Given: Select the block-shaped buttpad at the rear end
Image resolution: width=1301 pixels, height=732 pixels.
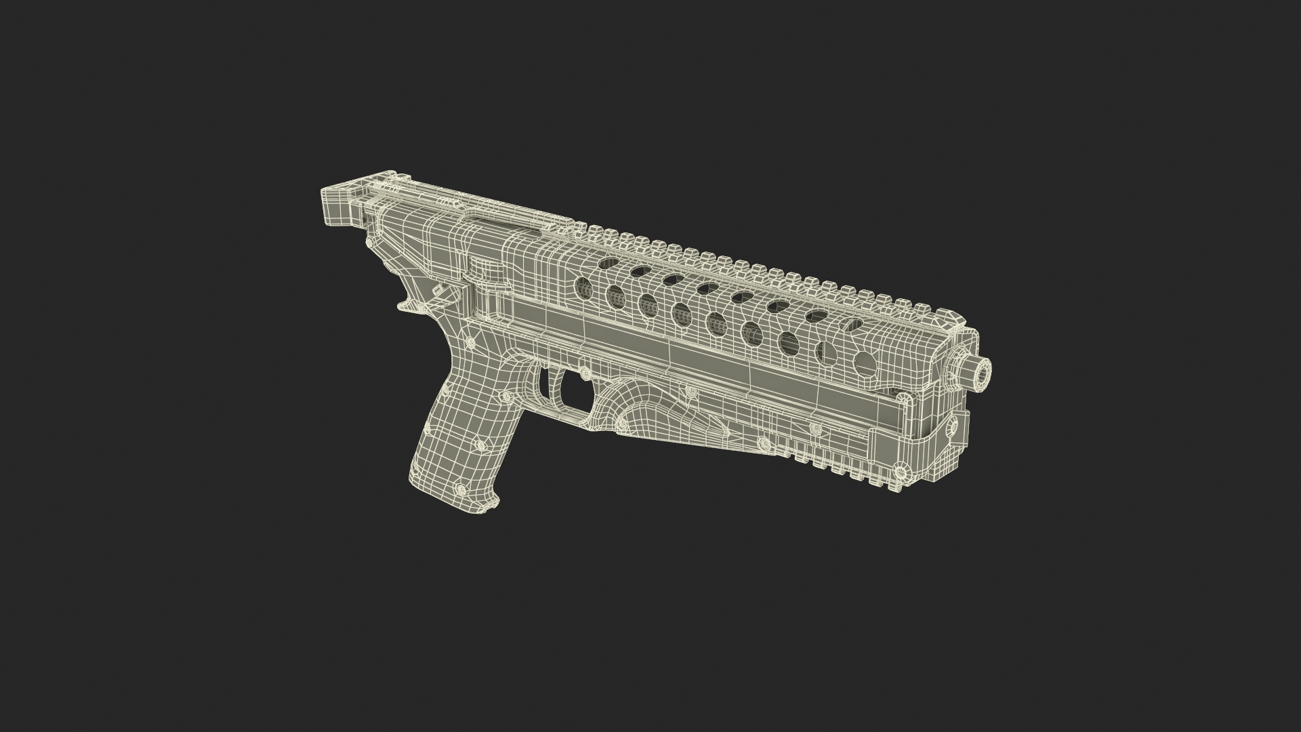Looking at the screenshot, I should (339, 201).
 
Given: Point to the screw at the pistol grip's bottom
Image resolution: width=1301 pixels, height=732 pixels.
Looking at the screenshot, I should (460, 488).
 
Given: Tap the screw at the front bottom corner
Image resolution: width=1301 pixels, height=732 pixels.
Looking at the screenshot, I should (901, 468).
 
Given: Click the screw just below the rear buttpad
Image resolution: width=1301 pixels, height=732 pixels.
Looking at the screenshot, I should (369, 242).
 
